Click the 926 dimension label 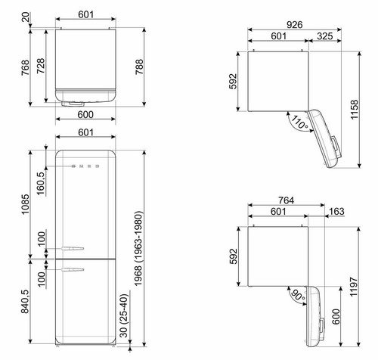[x=295, y=25]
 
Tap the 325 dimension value [x=325, y=36]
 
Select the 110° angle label [x=299, y=123]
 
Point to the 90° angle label [x=298, y=295]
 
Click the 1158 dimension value [x=355, y=110]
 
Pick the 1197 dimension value [x=354, y=287]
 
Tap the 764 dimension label [x=287, y=200]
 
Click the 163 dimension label [x=336, y=211]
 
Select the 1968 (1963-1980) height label [x=138, y=249]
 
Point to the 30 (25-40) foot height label [x=124, y=316]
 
